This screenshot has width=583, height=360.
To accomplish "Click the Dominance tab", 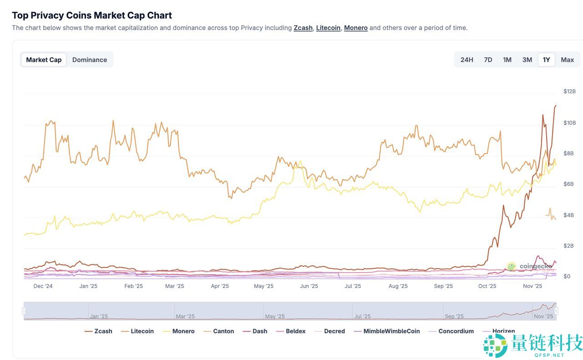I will point(89,60).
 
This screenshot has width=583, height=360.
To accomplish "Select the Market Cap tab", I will point(44,60).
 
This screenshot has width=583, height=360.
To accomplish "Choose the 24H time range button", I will point(466,60).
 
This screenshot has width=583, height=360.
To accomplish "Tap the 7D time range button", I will point(488,60).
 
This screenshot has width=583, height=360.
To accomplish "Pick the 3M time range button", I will point(527,60).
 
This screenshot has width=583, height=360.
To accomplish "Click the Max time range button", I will point(567,60).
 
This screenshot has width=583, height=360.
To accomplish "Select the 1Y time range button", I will point(546,60).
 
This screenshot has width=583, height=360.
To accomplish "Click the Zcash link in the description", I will point(303,28).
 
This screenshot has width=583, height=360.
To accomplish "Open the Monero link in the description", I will point(356,28).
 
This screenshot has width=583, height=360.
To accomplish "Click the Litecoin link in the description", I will point(328,28).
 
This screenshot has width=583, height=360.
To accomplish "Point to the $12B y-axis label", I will point(569,91).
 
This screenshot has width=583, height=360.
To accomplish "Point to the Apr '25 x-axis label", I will point(220,286).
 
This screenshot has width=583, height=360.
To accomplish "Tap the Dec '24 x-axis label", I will point(43,286).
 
